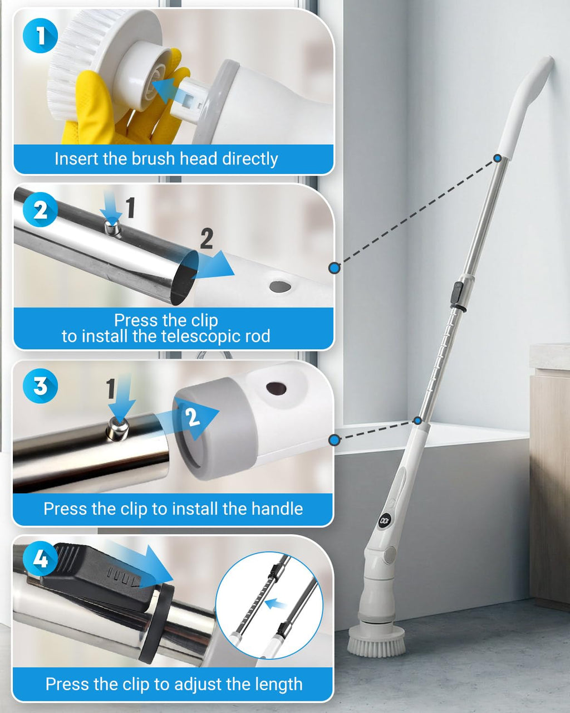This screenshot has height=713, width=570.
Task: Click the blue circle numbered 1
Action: [x=40, y=36]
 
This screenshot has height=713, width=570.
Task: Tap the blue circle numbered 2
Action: [x=40, y=210]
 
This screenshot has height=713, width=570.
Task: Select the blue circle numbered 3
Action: [x=40, y=385]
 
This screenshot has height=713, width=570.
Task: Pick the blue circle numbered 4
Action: [x=40, y=559]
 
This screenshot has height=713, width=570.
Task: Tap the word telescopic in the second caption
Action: [x=186, y=336]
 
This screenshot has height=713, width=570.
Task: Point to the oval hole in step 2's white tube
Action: [x=280, y=286]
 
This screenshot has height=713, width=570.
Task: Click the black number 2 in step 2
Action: [x=207, y=238]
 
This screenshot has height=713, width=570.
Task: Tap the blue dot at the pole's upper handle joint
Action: [x=498, y=158]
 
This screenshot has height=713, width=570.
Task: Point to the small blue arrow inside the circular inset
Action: [x=276, y=604]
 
